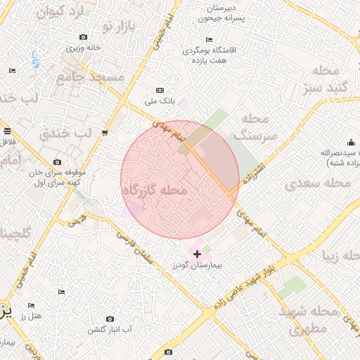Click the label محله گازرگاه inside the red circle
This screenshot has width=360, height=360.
pos(155,191)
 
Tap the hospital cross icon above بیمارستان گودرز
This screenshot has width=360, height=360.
pos(197,253)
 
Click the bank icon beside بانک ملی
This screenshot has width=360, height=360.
pos(160,90)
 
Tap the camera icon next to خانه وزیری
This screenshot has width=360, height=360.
pos(84,37)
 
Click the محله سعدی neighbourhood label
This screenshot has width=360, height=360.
pos(318,184)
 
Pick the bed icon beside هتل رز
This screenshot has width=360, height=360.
pos(31,305)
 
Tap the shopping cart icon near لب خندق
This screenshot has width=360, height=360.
pos(105,132)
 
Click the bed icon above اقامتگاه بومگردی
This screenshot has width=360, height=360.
pos(208,40)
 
